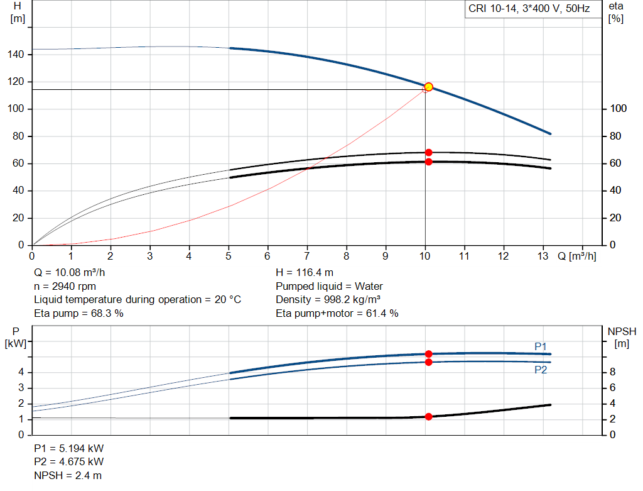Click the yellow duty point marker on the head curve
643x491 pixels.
[428, 87]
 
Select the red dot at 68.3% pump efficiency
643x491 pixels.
[428, 152]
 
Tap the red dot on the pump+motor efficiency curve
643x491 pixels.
[428, 162]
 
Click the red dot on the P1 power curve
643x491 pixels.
[428, 354]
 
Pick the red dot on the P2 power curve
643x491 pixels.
[428, 362]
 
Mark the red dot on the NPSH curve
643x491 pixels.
[428, 417]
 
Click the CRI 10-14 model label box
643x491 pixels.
[529, 9]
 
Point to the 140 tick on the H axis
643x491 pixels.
[16, 55]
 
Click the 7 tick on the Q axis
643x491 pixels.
[307, 257]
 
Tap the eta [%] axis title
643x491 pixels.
[615, 13]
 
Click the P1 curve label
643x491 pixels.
[541, 346]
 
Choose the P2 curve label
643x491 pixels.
[541, 370]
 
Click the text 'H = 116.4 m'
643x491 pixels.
[305, 273]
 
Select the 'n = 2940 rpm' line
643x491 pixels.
[65, 286]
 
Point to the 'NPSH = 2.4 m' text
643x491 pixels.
[68, 475]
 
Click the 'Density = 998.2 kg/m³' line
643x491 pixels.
[328, 299]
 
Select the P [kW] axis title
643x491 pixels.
[16, 337]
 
